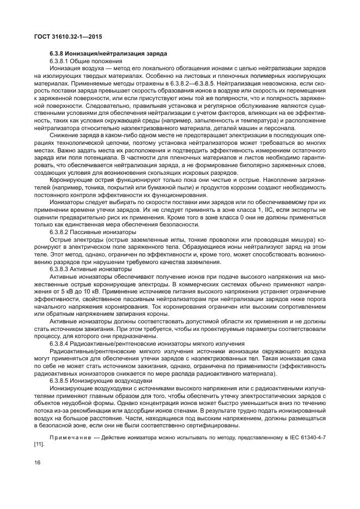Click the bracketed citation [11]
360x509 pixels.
point(39,444)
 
